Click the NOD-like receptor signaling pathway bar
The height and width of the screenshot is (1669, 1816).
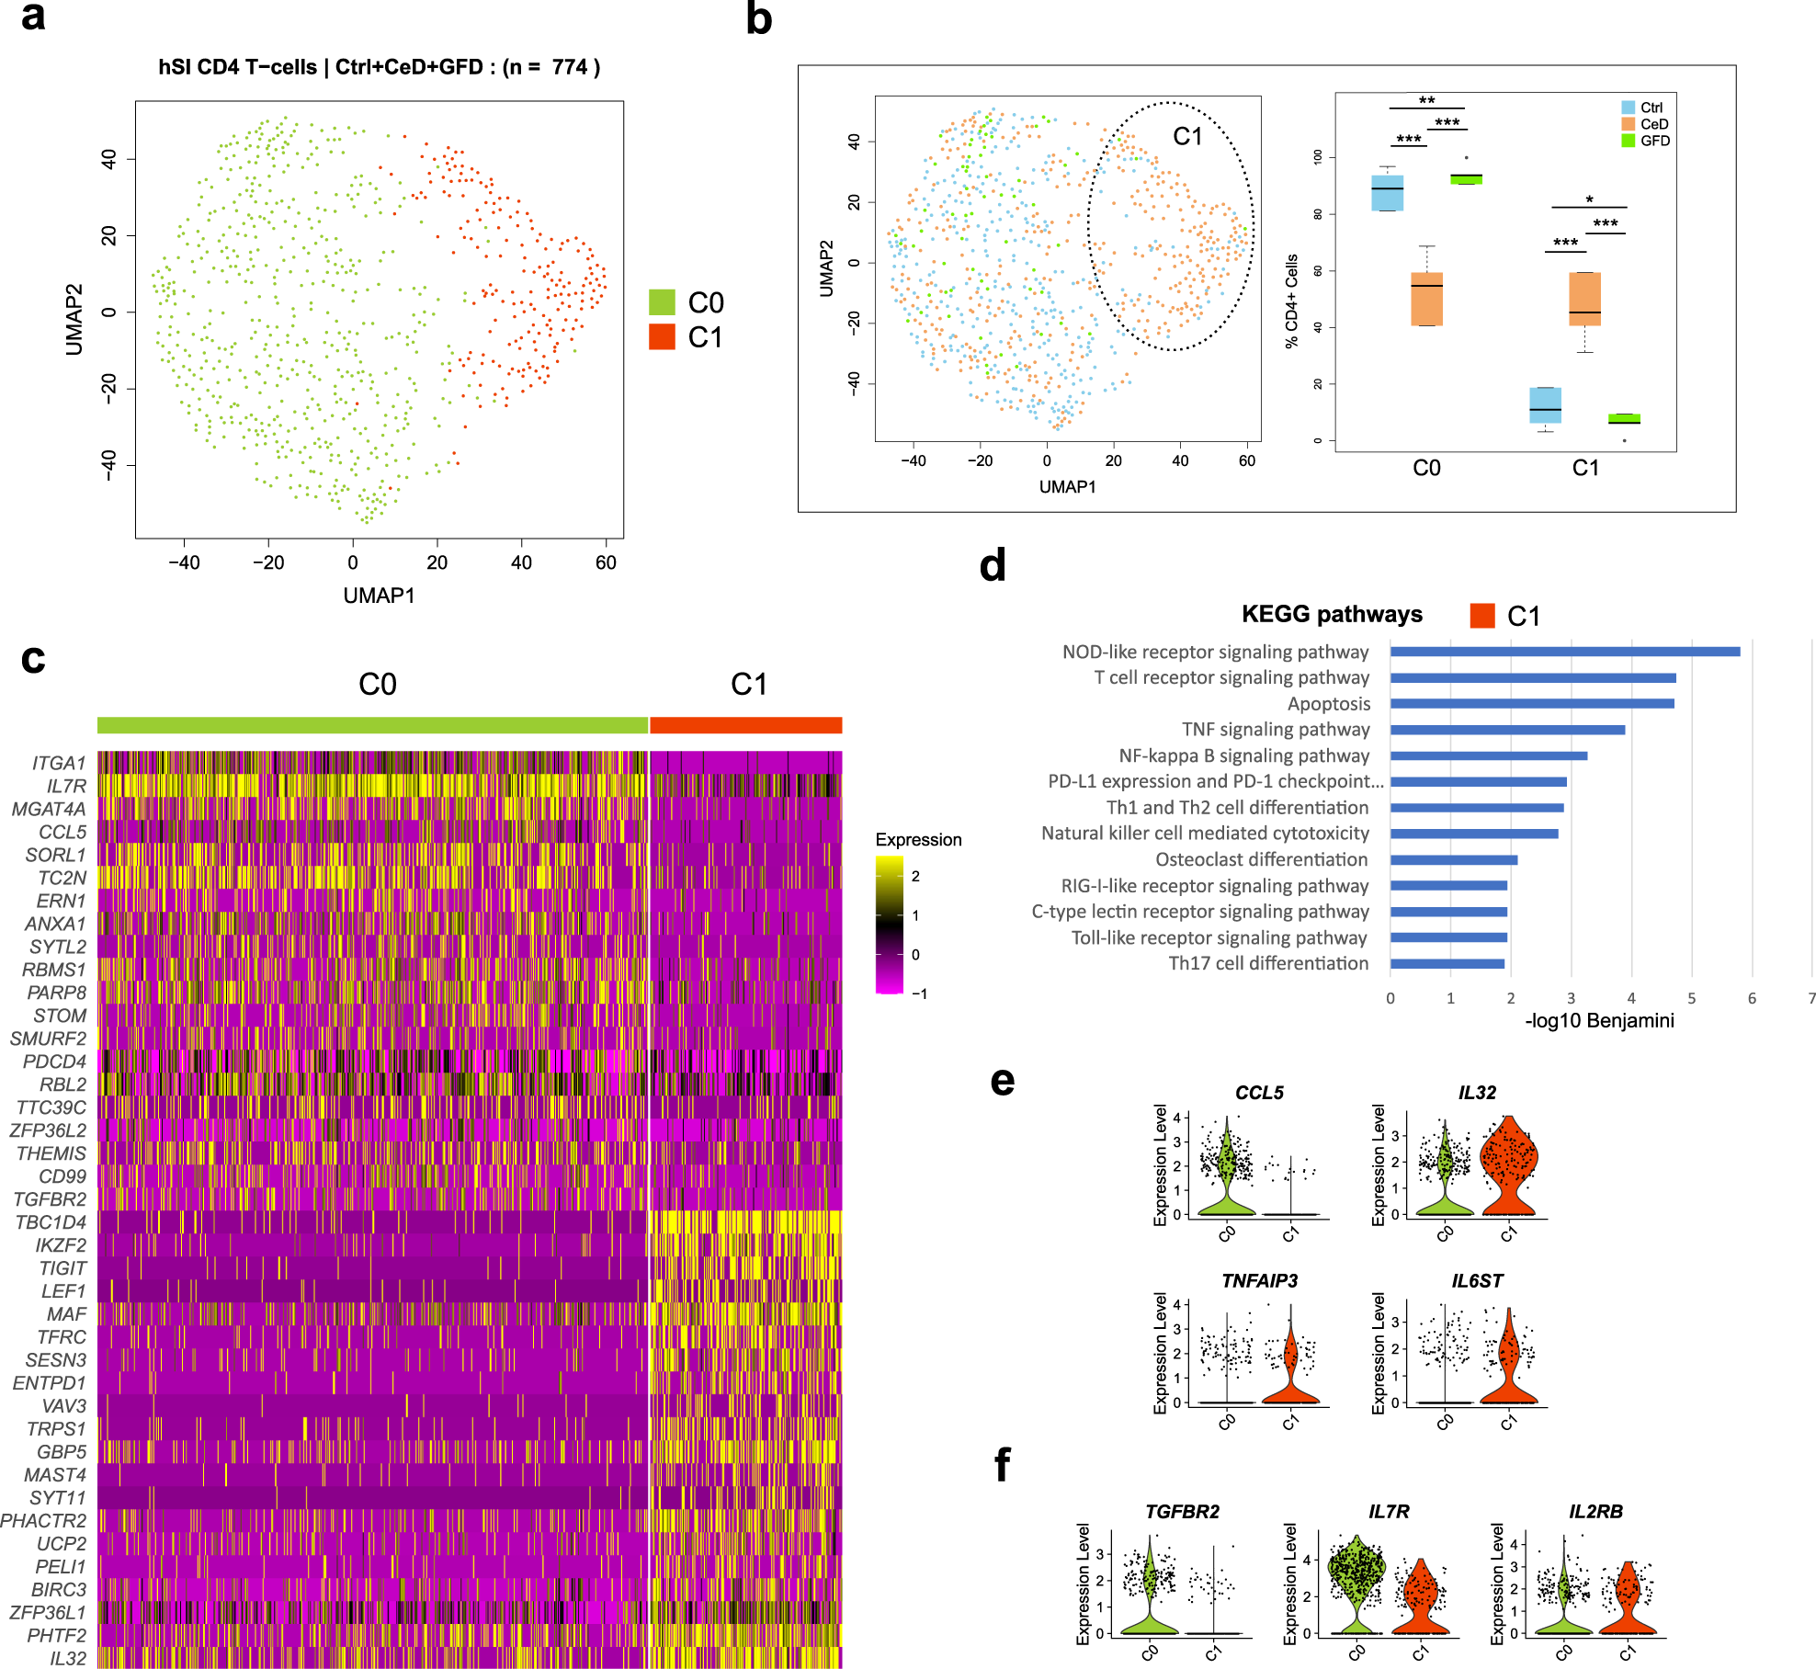point(1564,652)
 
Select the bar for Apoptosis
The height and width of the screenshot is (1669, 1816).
point(1531,704)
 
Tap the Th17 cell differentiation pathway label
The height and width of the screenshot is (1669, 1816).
point(1268,963)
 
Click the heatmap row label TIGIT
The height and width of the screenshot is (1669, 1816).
point(62,1268)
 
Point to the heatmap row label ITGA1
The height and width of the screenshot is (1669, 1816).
point(59,763)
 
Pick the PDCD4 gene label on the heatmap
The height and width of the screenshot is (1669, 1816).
point(55,1062)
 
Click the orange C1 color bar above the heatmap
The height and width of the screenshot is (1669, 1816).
point(745,725)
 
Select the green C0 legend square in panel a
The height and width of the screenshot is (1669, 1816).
point(662,302)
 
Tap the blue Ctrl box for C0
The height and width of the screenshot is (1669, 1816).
point(1387,193)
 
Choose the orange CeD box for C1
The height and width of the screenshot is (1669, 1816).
point(1584,299)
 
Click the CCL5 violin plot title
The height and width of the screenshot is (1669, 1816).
point(1259,1093)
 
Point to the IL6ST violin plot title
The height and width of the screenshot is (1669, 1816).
point(1477,1281)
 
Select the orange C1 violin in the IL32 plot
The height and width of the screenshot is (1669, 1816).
point(1507,1167)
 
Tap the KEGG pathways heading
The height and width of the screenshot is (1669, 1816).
point(1332,614)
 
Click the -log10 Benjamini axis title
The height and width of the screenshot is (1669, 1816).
point(1599,1020)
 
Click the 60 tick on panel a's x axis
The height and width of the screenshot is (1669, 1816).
point(606,562)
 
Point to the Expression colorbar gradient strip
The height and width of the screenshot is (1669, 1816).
point(890,925)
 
